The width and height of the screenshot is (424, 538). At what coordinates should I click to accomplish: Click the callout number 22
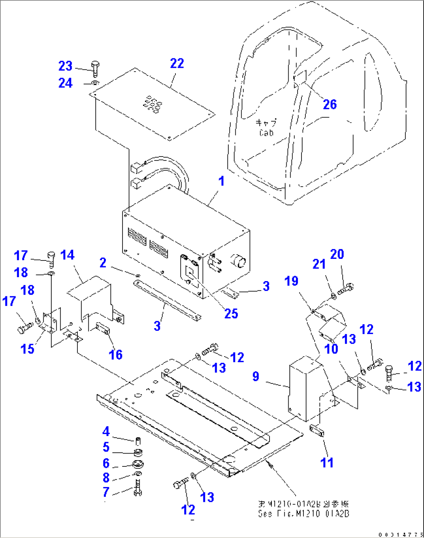[x=177, y=63]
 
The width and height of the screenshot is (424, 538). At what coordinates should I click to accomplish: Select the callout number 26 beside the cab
[x=329, y=104]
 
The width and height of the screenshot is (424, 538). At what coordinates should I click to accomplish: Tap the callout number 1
[x=221, y=181]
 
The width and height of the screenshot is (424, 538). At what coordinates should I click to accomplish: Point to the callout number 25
[x=231, y=314]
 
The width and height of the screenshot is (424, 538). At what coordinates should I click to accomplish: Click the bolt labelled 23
[x=95, y=69]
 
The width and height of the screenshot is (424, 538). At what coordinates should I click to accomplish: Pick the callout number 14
[x=67, y=255]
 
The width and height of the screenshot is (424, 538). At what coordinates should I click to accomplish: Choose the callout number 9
[x=256, y=376]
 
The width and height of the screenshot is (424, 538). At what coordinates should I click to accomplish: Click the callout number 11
[x=327, y=462]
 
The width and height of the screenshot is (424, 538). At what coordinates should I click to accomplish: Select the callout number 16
[x=116, y=355]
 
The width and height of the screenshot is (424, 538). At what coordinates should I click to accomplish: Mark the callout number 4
[x=106, y=431]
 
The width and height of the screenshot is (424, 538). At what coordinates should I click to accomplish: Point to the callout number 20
[x=337, y=254]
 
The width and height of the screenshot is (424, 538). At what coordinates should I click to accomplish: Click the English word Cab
[x=266, y=133]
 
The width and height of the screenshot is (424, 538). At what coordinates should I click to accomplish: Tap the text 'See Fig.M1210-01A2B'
[x=303, y=513]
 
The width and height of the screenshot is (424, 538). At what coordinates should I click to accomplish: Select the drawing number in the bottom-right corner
[x=400, y=534]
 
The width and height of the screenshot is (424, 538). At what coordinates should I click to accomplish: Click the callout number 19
[x=291, y=281]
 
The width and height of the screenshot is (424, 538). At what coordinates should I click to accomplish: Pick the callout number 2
[x=103, y=263]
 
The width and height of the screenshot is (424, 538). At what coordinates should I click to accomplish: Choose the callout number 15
[x=27, y=349]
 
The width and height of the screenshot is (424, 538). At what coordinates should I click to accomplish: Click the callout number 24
[x=65, y=83]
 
